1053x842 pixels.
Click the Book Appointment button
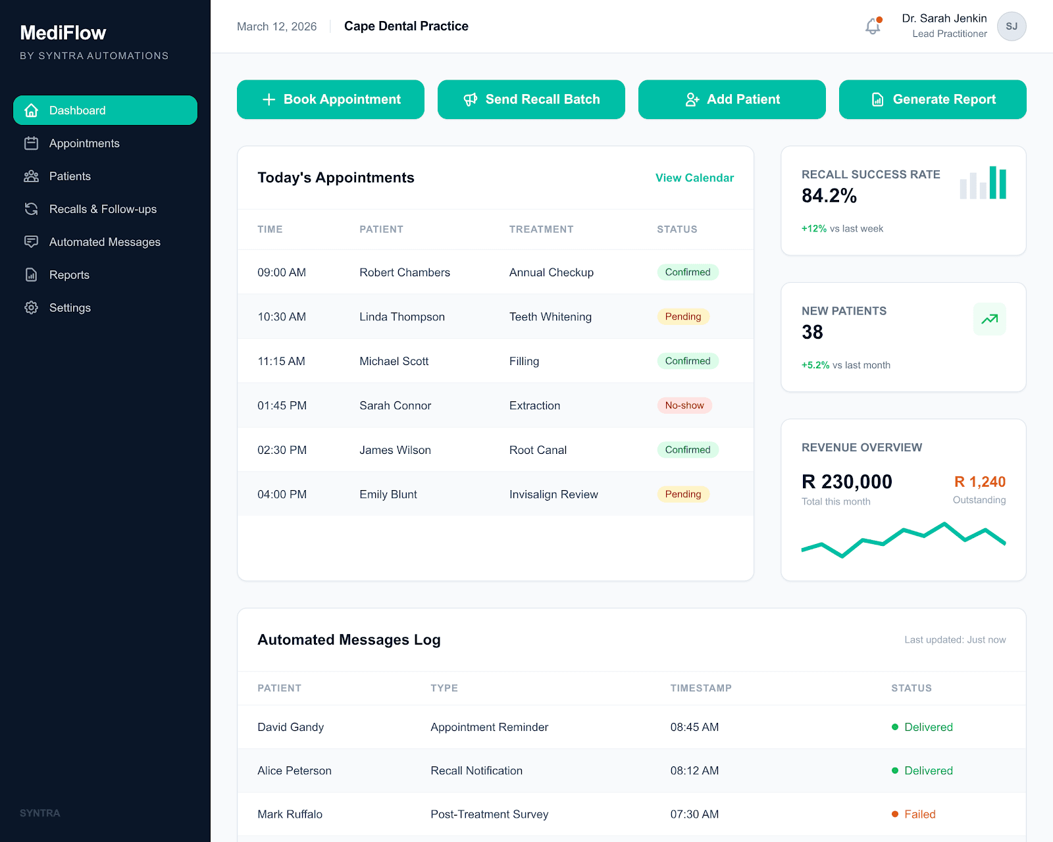(330, 99)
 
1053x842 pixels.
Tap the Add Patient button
(732, 99)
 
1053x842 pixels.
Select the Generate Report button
(933, 99)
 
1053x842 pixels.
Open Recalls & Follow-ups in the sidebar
(103, 209)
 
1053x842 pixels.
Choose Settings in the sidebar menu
(70, 308)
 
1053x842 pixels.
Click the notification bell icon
(873, 26)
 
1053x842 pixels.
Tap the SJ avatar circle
(1012, 26)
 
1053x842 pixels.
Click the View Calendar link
(694, 178)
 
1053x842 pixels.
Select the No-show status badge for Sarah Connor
(684, 405)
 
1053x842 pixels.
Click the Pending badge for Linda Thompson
(682, 316)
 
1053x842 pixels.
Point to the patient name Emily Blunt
(388, 494)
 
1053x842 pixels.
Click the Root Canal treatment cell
(538, 450)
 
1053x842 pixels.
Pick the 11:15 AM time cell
(281, 361)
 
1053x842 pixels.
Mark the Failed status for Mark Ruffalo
(919, 814)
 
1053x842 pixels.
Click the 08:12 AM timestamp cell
(694, 770)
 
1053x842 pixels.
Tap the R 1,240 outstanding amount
(979, 482)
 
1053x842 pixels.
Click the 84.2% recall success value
(829, 195)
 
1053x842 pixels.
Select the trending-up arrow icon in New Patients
(989, 319)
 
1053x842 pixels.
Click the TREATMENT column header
(541, 229)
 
